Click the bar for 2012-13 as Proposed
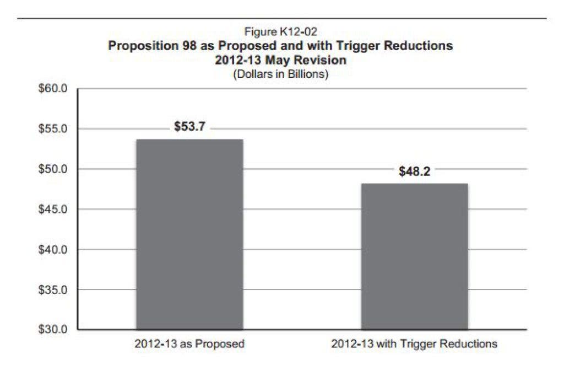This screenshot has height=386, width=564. [x=189, y=234]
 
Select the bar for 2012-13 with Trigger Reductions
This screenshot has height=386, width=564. [x=414, y=256]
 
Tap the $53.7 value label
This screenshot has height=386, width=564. [x=189, y=126]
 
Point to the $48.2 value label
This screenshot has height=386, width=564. [x=414, y=171]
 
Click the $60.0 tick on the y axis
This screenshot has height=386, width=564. [x=53, y=89]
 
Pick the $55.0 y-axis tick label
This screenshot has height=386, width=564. [x=53, y=128]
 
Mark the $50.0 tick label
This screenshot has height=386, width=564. [x=53, y=169]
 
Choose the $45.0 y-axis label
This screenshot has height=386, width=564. [x=53, y=209]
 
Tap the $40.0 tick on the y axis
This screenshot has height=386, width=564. [x=53, y=249]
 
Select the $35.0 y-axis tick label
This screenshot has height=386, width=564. [x=53, y=289]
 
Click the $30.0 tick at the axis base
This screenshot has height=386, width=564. [x=53, y=329]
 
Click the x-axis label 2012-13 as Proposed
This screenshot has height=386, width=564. [x=189, y=344]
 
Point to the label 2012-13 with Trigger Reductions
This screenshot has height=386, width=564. [x=414, y=344]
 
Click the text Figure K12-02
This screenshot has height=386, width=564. [x=280, y=31]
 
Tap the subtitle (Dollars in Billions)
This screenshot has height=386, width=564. [x=280, y=74]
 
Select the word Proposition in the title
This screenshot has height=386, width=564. [x=143, y=46]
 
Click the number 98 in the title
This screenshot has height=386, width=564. [x=189, y=46]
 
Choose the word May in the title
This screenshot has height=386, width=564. [x=278, y=60]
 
